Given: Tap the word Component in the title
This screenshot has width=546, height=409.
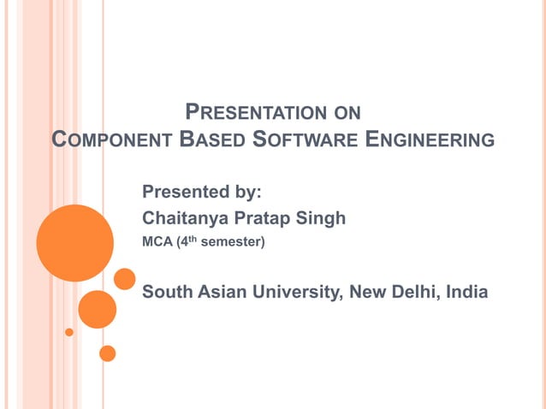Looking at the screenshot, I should click(109, 139).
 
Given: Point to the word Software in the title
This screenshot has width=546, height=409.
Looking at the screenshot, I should click(295, 139).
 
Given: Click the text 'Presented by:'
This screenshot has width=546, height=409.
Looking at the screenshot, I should click(201, 190).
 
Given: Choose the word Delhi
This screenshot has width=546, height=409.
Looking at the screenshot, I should click(415, 293).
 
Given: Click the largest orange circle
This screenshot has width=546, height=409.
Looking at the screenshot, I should click(75, 243).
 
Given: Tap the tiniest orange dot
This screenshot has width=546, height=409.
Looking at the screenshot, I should click(69, 332).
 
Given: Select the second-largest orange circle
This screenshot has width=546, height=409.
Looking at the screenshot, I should click(97, 309).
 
